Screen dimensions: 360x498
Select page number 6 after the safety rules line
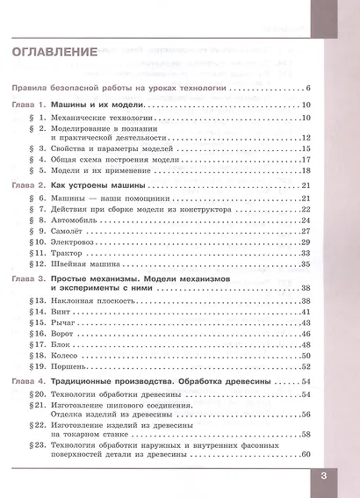[310, 90]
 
